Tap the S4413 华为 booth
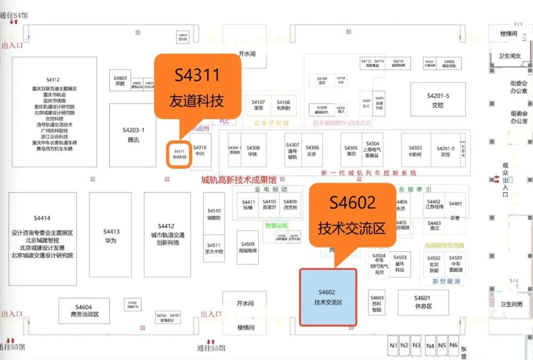[111, 235]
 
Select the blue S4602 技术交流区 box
[328, 297]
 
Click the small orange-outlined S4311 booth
[179, 154]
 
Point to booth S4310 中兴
[200, 150]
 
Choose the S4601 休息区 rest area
[423, 302]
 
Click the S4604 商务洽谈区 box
[83, 311]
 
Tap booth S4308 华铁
[253, 150]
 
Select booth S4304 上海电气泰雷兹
[373, 149]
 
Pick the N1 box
[393, 346]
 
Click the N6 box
[454, 346]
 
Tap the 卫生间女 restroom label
[510, 56]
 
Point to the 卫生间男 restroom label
[511, 304]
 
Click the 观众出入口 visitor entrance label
[505, 180]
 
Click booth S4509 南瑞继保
[248, 247]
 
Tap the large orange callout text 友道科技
[196, 101]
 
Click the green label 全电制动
[271, 189]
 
